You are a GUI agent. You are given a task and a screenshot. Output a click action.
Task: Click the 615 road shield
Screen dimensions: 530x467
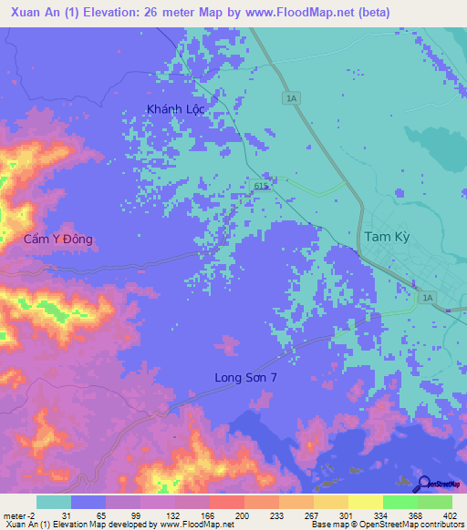pos(260,185)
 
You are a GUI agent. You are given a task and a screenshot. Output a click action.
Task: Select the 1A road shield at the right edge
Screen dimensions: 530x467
pos(427,297)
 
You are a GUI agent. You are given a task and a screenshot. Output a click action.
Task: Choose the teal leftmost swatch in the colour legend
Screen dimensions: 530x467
pos(54,502)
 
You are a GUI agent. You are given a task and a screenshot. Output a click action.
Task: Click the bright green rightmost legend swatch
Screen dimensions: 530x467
pos(435,502)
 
